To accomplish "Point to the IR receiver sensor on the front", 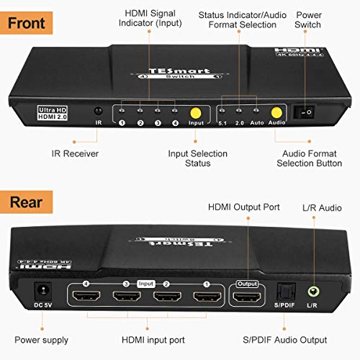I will (x=99, y=112).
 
